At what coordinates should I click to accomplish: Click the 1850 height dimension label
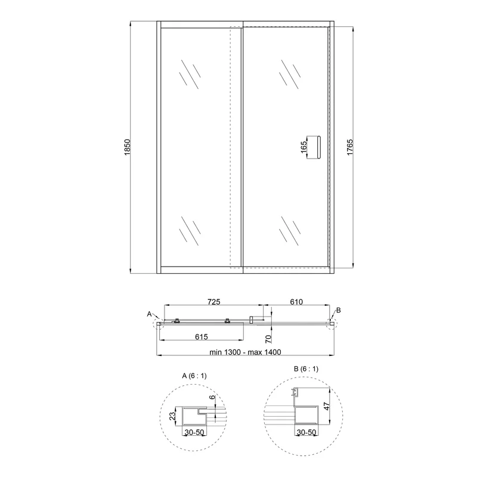click(127, 147)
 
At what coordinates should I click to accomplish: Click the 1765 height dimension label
click(350, 147)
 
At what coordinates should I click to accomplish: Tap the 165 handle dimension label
click(303, 147)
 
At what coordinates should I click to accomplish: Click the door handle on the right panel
click(318, 147)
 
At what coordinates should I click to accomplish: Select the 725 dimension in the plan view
click(214, 302)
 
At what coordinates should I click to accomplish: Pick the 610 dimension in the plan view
click(296, 302)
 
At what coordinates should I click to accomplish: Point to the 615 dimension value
click(202, 337)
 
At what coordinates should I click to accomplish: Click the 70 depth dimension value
click(268, 339)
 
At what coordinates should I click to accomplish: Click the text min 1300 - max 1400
click(245, 352)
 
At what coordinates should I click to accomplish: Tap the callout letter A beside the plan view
click(149, 314)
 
